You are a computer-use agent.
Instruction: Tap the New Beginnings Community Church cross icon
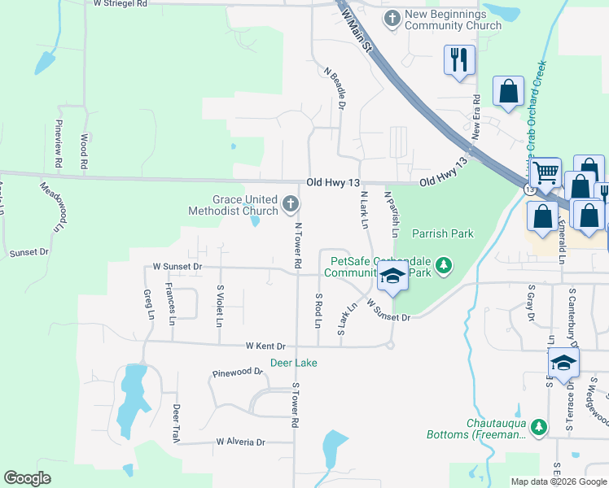click(392, 18)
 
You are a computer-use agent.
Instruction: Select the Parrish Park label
click(442, 234)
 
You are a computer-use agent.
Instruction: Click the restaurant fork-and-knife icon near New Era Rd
click(459, 59)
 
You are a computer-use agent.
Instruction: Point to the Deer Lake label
click(293, 363)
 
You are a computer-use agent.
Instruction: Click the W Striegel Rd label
click(120, 4)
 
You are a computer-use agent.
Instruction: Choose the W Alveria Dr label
click(241, 442)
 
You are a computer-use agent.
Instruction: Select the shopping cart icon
click(545, 172)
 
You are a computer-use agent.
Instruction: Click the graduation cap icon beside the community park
click(392, 277)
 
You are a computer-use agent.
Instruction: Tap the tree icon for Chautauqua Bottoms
click(537, 426)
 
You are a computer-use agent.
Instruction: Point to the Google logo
click(27, 478)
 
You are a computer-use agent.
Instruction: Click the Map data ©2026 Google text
click(558, 481)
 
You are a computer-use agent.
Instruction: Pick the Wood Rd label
click(84, 152)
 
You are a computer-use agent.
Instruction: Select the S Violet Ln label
click(219, 306)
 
